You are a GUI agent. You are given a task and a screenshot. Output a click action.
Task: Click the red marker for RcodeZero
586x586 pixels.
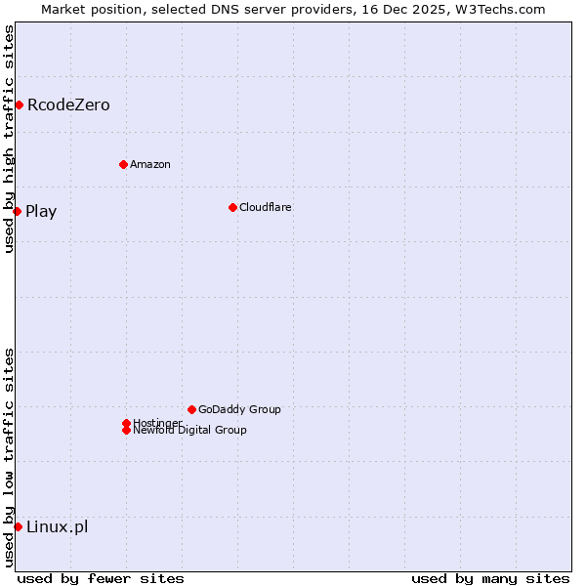click(19, 105)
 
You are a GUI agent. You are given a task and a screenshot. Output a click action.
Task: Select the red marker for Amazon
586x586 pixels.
click(123, 164)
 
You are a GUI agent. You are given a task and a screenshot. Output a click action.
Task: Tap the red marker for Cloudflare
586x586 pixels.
click(232, 207)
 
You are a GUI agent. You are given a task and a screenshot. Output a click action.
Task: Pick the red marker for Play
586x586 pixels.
click(17, 211)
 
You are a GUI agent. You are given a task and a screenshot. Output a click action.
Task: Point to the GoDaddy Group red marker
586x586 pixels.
click(191, 409)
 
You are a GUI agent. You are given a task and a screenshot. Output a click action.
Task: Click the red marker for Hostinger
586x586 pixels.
click(126, 423)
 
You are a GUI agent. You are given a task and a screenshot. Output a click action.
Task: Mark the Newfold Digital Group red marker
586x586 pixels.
click(126, 430)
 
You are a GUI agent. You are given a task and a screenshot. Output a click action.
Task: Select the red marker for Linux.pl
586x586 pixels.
click(18, 527)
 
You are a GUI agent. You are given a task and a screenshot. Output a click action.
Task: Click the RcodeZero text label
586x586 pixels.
click(68, 105)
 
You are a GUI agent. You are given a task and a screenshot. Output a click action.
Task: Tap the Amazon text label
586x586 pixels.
click(150, 164)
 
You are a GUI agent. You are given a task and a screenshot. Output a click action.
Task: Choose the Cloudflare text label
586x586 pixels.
click(266, 207)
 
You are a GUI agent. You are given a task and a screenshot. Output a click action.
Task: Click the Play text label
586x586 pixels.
click(41, 211)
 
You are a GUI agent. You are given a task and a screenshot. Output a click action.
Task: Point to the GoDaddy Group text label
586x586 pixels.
click(239, 409)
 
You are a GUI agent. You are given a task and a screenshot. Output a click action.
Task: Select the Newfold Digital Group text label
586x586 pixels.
click(190, 431)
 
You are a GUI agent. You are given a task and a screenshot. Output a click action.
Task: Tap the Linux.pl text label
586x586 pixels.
click(57, 527)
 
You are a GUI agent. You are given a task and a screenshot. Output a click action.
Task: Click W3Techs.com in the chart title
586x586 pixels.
click(496, 9)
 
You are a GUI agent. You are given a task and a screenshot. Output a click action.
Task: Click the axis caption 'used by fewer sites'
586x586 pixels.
click(101, 578)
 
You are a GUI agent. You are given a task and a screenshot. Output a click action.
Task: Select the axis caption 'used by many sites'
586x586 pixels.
click(490, 578)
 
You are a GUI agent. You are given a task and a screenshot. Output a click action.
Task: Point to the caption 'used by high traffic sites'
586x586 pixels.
click(9, 139)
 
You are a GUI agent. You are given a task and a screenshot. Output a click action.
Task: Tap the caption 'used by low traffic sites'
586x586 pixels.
click(9, 457)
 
